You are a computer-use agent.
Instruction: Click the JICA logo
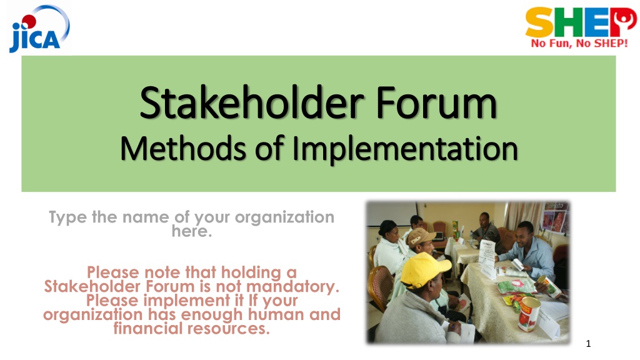(x=39, y=29)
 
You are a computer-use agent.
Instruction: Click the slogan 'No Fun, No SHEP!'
(x=579, y=43)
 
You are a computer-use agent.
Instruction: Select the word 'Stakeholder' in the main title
(x=252, y=102)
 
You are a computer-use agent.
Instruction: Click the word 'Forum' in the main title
(x=436, y=102)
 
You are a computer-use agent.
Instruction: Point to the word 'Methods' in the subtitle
(x=183, y=148)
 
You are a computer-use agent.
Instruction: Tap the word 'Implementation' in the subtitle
(x=405, y=149)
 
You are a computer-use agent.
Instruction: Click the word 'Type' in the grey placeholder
(x=68, y=217)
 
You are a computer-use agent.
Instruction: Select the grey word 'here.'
(x=192, y=231)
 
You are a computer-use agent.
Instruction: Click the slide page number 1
(x=588, y=344)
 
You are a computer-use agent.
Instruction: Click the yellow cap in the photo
(x=424, y=269)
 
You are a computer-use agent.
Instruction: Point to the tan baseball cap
(x=421, y=236)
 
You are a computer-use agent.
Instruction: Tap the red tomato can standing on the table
(x=529, y=314)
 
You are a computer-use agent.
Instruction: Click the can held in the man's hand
(x=549, y=286)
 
